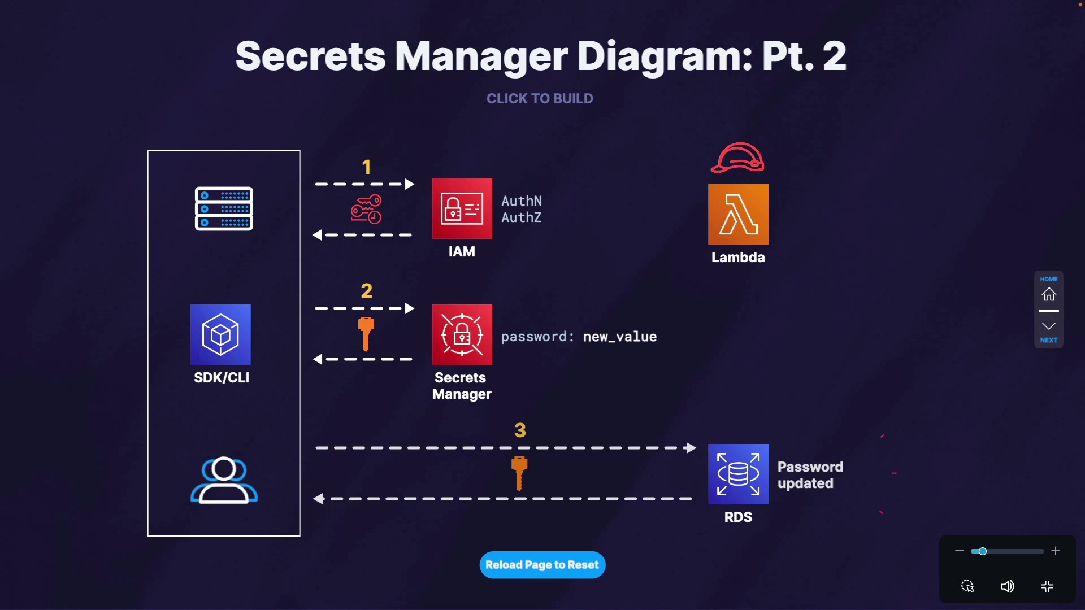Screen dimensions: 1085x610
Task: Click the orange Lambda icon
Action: (738, 214)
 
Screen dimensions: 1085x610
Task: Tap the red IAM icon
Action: (462, 208)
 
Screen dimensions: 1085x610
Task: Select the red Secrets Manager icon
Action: (462, 334)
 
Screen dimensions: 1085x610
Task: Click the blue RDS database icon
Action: (738, 474)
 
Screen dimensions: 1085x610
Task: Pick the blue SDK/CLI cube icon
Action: (220, 334)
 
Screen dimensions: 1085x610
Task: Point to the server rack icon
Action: (224, 208)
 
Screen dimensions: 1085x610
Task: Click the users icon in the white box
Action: (224, 480)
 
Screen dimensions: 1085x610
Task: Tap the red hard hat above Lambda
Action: (737, 158)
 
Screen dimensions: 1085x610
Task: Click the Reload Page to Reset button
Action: (542, 565)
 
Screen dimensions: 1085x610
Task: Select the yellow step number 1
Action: (367, 167)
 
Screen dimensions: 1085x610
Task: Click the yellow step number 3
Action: (520, 430)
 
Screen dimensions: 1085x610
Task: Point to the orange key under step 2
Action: (366, 334)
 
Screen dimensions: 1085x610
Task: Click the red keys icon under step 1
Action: (366, 209)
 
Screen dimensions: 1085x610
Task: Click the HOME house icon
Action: (1049, 294)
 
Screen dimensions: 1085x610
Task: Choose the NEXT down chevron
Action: (1049, 326)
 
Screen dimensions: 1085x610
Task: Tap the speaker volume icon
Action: (1007, 586)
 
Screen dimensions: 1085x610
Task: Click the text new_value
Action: (620, 337)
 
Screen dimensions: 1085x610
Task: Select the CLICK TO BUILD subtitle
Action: (540, 99)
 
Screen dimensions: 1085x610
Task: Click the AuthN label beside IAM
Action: (522, 201)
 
